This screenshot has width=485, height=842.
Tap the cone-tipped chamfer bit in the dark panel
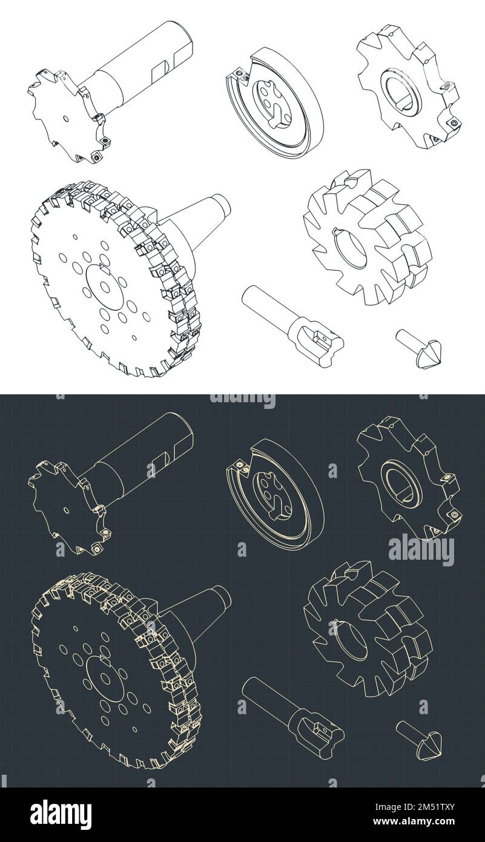421,740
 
